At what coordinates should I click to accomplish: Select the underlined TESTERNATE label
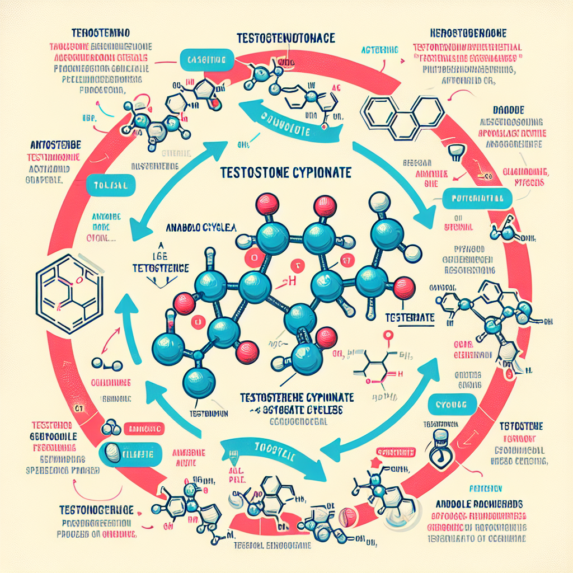410,317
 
